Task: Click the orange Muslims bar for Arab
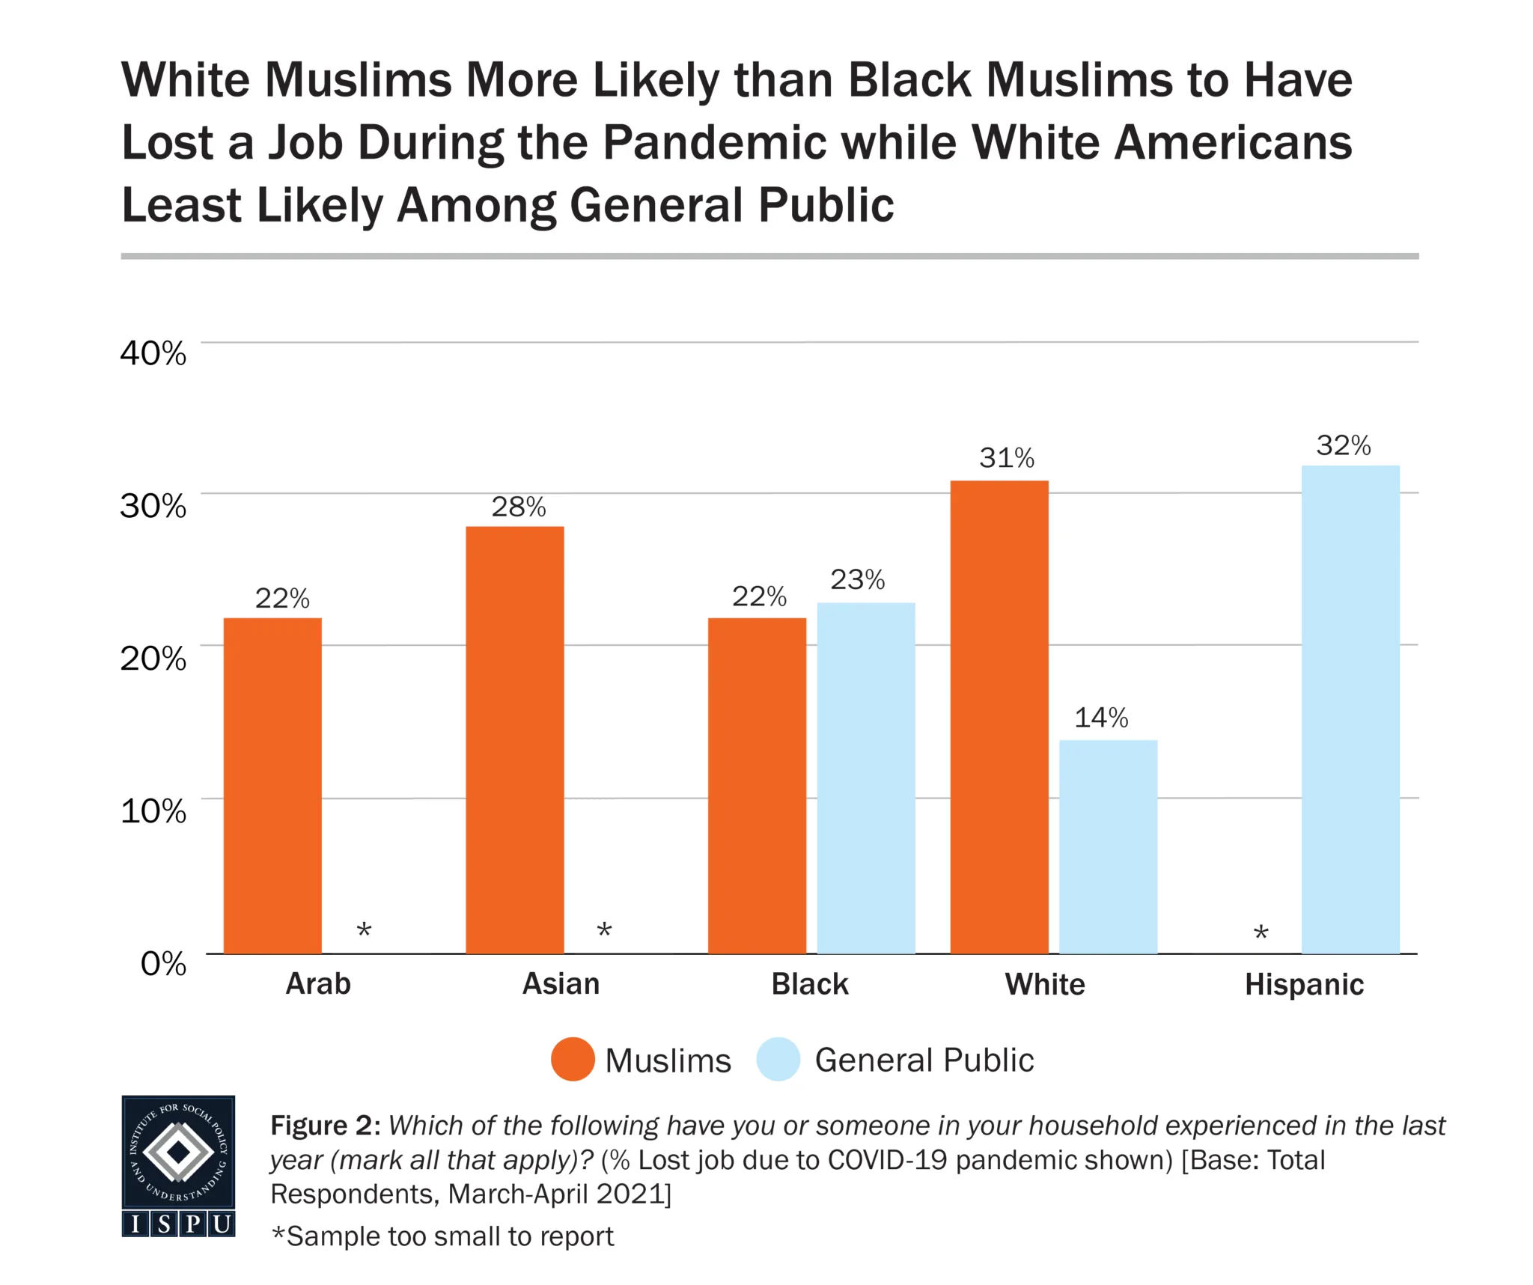tap(272, 785)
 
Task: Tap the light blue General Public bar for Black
tap(865, 778)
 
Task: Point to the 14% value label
tap(1100, 718)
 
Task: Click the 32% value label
tap(1343, 445)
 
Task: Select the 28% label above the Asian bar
tap(518, 507)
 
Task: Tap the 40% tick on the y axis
tap(153, 352)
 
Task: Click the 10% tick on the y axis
tap(153, 811)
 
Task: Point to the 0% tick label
tap(162, 963)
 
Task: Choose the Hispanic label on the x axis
tap(1303, 984)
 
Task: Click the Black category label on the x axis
tap(809, 984)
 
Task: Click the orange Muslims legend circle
tap(573, 1059)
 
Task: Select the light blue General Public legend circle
tap(778, 1059)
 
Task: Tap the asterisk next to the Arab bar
tap(364, 931)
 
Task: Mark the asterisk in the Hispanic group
tap(1261, 933)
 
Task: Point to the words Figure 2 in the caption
tap(325, 1126)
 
